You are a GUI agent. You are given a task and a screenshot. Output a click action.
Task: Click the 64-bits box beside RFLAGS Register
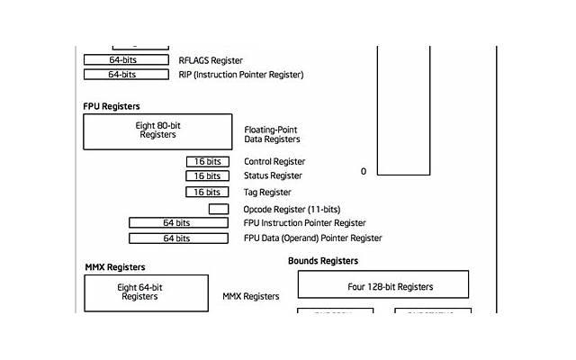click(126, 60)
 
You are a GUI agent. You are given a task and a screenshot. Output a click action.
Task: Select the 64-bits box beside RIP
click(126, 75)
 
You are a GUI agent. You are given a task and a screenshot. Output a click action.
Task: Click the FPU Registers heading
click(112, 106)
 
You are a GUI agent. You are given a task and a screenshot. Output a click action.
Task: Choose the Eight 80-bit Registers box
click(157, 130)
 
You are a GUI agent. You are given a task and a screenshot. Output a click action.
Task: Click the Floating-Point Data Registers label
click(272, 134)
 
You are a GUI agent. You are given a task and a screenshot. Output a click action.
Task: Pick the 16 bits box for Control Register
click(207, 161)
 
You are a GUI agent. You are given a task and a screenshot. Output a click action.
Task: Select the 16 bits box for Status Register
click(207, 176)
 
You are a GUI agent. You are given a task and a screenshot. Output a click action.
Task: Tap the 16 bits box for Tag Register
click(207, 192)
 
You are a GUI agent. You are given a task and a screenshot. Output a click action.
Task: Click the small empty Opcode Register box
click(218, 209)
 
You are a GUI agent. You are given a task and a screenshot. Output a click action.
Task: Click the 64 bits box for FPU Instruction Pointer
click(177, 222)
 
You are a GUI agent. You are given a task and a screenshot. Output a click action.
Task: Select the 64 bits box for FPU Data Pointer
click(177, 238)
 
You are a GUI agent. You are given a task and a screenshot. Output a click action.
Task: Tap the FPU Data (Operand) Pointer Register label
click(312, 238)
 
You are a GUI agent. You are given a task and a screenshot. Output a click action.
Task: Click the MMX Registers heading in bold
click(114, 267)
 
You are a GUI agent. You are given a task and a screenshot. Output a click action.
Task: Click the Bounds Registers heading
click(323, 261)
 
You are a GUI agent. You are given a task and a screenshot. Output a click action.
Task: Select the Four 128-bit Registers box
click(382, 286)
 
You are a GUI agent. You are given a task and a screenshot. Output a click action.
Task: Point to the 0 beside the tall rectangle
click(364, 171)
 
